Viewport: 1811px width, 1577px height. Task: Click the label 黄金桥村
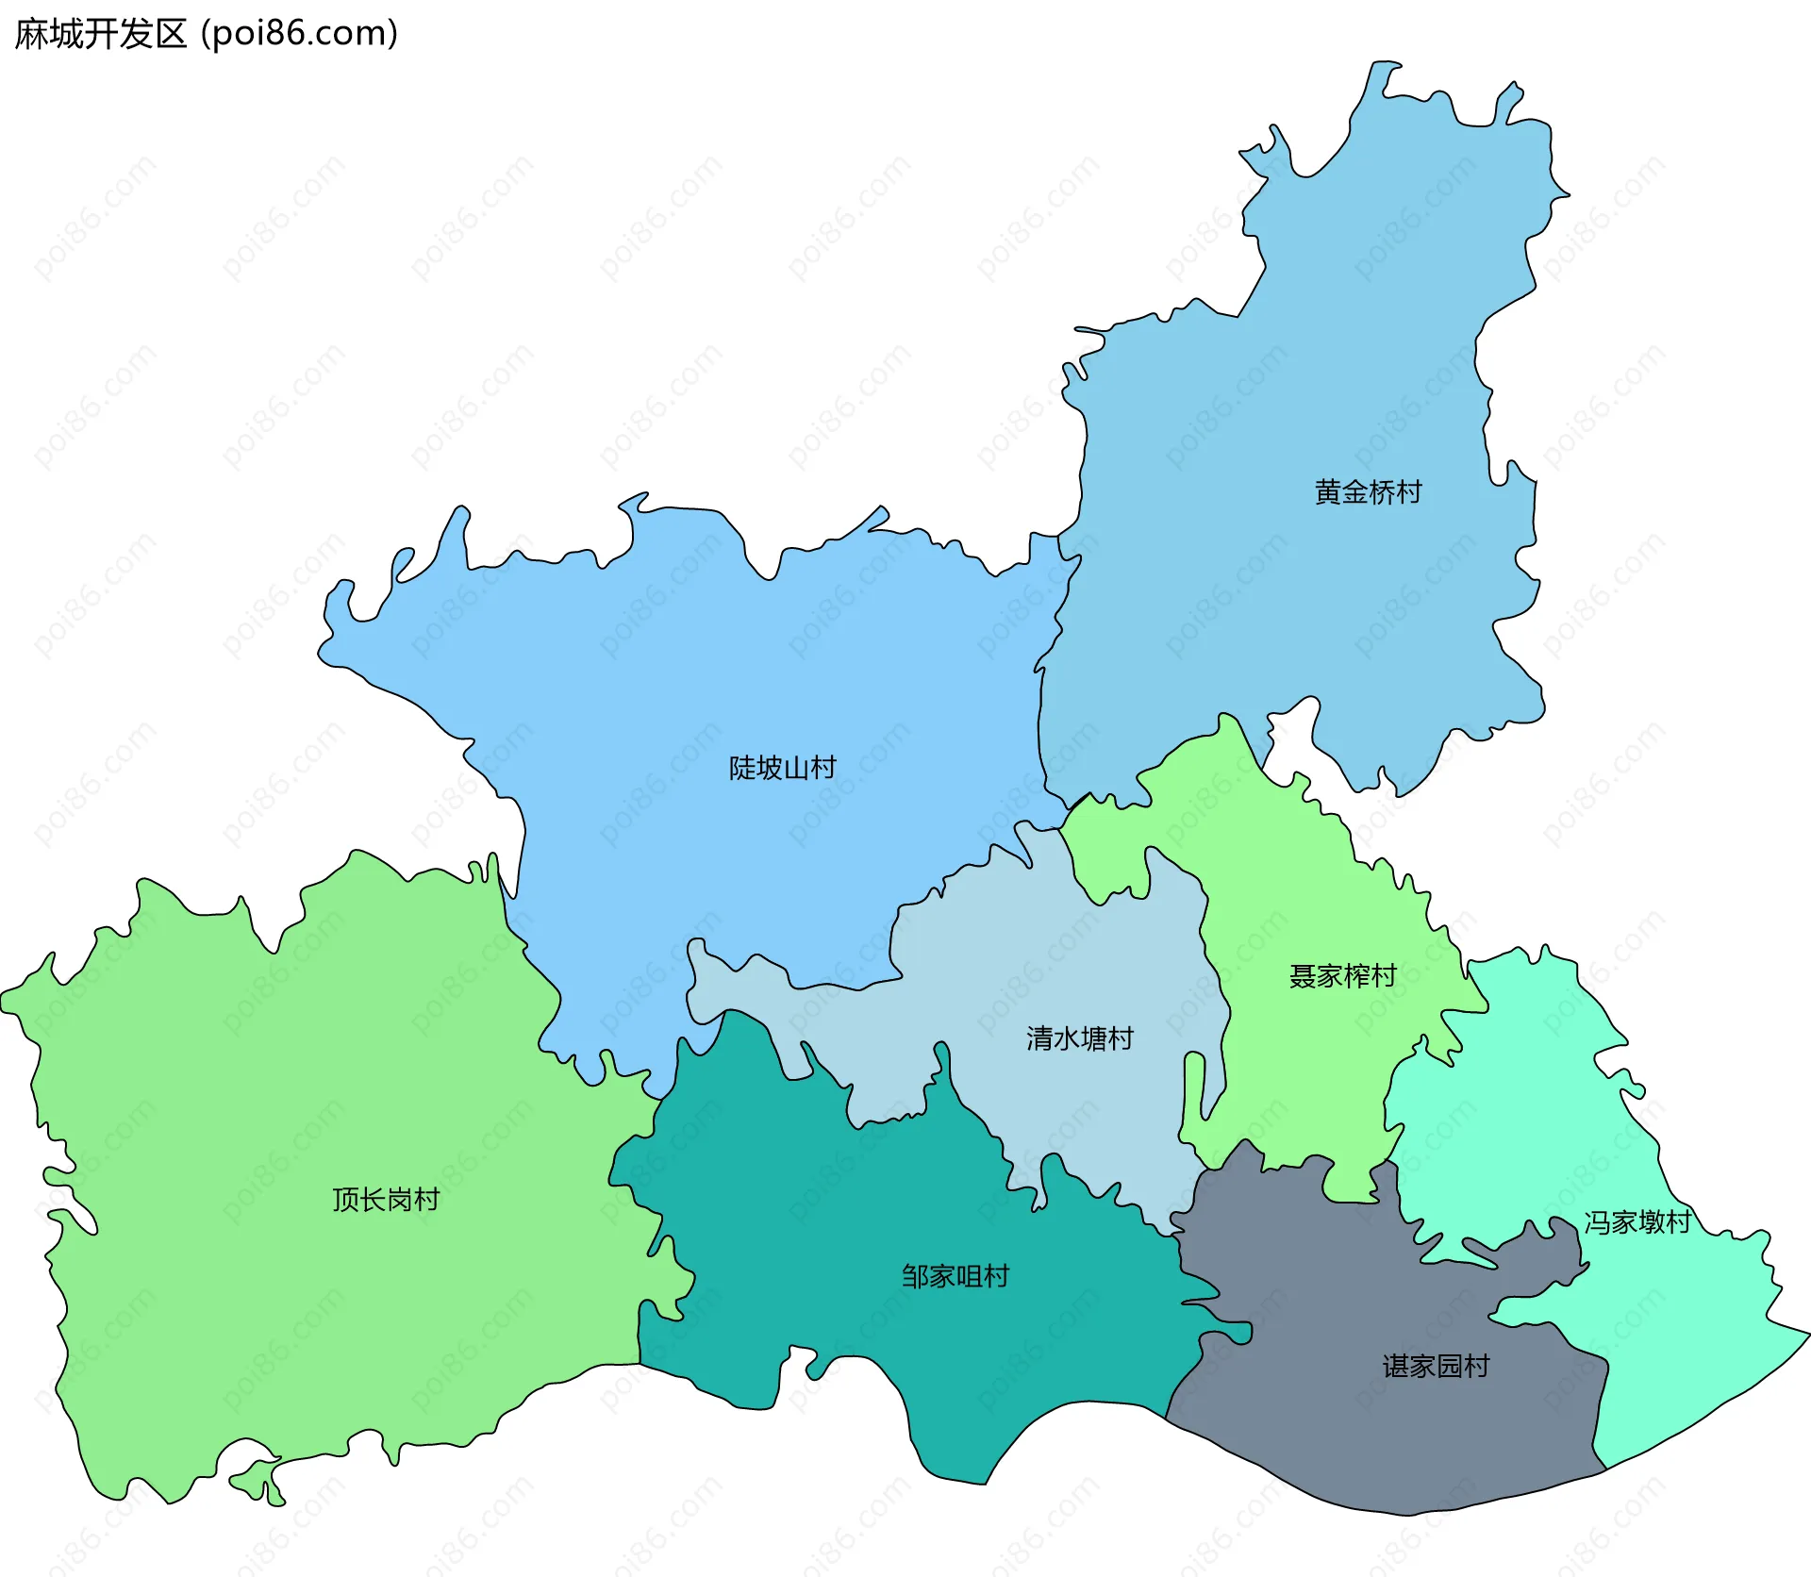pyautogui.click(x=1368, y=492)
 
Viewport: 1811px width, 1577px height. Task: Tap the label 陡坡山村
pyautogui.click(x=782, y=768)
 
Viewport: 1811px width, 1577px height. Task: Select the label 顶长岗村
pyautogui.click(x=386, y=1200)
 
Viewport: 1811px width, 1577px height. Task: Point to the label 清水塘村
pyautogui.click(x=1079, y=1038)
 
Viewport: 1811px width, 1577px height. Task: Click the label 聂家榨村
pyautogui.click(x=1342, y=975)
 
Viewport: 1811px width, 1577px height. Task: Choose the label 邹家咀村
pyautogui.click(x=955, y=1276)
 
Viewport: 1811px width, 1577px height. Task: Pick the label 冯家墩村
pyautogui.click(x=1637, y=1222)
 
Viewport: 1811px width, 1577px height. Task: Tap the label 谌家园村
pyautogui.click(x=1436, y=1366)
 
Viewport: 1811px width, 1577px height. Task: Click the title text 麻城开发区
pyautogui.click(x=101, y=34)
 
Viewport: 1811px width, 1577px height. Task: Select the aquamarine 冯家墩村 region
pyautogui.click(x=1528, y=1132)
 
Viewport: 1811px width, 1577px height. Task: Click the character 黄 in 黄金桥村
pyautogui.click(x=1328, y=492)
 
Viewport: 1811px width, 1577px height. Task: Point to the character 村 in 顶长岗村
pyautogui.click(x=426, y=1200)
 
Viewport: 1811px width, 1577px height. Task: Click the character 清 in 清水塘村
pyautogui.click(x=1039, y=1038)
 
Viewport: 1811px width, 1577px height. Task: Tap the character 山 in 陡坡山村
pyautogui.click(x=795, y=768)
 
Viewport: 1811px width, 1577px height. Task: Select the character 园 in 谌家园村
pyautogui.click(x=1449, y=1366)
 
